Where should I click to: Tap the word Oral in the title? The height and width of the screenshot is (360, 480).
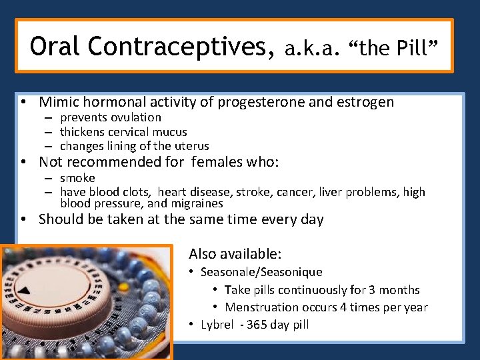tap(55, 47)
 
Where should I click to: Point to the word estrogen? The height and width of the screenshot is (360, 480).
tap(365, 102)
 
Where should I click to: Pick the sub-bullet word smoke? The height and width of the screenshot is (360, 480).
tap(77, 178)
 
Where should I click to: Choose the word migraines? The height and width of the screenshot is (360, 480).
tap(196, 204)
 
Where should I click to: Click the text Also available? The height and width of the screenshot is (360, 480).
tap(235, 254)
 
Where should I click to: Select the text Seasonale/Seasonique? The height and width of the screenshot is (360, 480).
tap(261, 272)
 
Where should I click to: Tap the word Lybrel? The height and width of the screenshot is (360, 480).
tap(217, 325)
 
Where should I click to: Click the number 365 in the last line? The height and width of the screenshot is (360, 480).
tap(257, 325)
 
